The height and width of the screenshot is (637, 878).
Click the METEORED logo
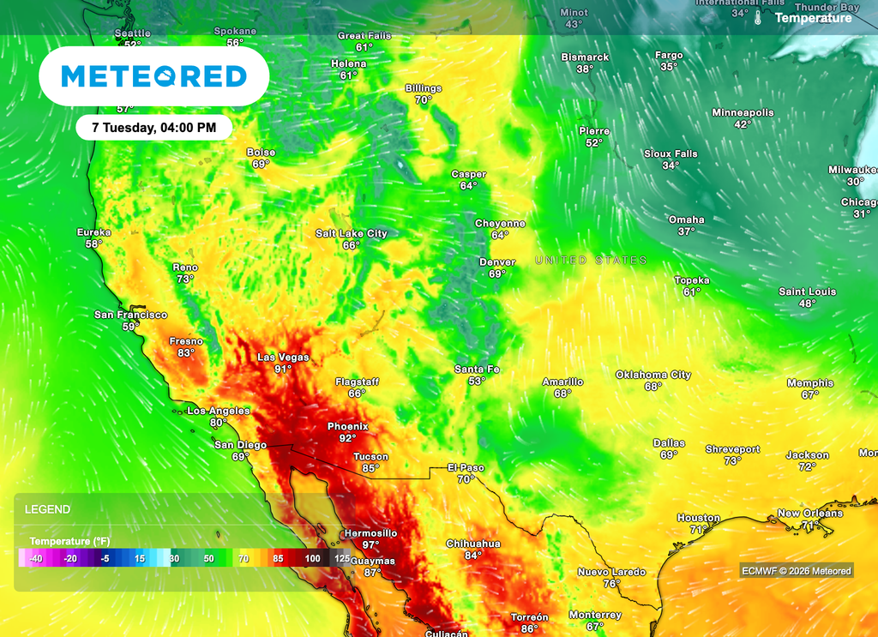click(x=154, y=76)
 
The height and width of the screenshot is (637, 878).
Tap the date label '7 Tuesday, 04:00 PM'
click(x=154, y=128)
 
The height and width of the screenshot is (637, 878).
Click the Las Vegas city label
click(x=284, y=358)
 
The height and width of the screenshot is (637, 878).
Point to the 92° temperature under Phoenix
click(x=347, y=438)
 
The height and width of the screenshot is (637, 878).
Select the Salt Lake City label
click(x=352, y=233)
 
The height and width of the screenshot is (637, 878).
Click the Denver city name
click(x=497, y=262)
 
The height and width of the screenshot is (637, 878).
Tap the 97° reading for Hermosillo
click(x=370, y=545)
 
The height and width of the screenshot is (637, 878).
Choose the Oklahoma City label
click(x=653, y=375)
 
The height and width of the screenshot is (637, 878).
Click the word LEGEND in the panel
click(x=48, y=509)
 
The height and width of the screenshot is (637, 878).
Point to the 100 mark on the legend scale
click(x=313, y=559)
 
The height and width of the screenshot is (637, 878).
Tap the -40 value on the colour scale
click(x=36, y=559)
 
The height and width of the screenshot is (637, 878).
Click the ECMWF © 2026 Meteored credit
click(x=797, y=571)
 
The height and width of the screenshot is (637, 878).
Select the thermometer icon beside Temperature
click(x=759, y=17)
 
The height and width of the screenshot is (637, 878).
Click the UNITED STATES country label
click(x=591, y=260)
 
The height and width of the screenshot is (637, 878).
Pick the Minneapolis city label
click(x=743, y=112)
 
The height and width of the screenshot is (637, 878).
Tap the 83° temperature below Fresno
click(x=186, y=353)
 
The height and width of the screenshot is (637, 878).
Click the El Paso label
click(x=466, y=467)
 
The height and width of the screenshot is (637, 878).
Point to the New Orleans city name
click(x=810, y=513)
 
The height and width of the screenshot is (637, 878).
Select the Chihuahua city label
click(x=473, y=544)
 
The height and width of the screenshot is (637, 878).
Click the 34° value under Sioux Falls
click(x=671, y=165)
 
